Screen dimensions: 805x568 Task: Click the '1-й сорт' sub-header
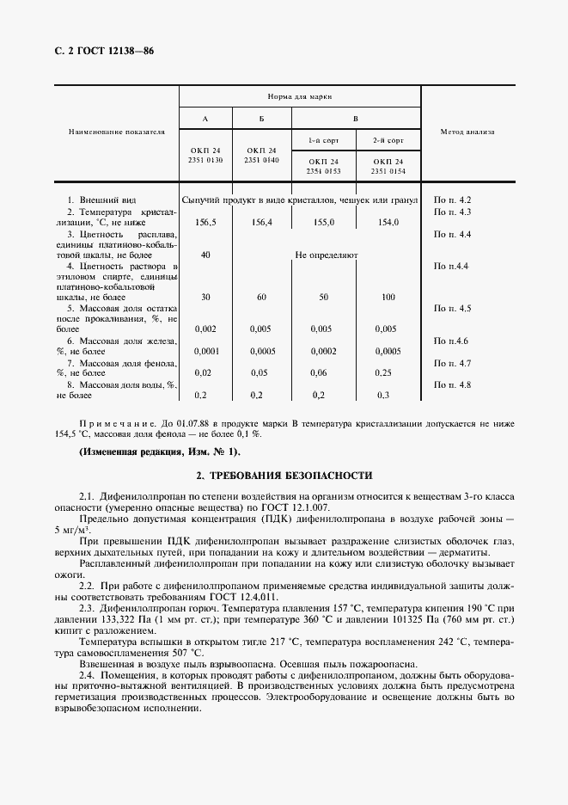click(x=323, y=139)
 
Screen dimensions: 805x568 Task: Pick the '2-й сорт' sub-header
click(x=388, y=139)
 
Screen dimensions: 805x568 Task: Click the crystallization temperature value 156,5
click(x=205, y=223)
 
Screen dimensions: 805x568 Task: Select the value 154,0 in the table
click(x=388, y=223)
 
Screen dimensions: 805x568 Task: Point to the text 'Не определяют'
click(x=326, y=255)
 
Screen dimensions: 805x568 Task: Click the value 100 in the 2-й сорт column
click(x=388, y=297)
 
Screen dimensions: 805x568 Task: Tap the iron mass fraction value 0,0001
click(x=206, y=351)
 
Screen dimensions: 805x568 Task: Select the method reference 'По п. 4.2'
click(x=452, y=200)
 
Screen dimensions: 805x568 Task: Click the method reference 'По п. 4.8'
click(x=452, y=385)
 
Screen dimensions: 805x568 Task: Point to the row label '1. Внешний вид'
click(x=101, y=200)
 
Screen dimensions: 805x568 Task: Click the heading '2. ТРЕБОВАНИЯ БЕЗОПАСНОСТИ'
click(x=284, y=475)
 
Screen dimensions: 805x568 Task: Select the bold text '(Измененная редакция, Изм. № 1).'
click(x=160, y=452)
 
